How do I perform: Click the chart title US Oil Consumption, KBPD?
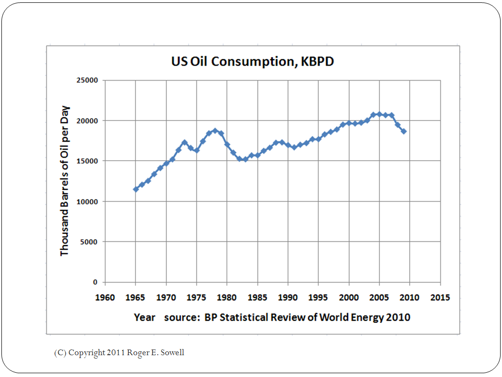(x=252, y=62)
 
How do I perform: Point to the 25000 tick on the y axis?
(x=88, y=80)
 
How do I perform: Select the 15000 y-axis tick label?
(x=88, y=161)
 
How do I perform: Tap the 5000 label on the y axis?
(x=90, y=242)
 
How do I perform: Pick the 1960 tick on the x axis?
(x=105, y=298)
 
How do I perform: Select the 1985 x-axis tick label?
(x=258, y=298)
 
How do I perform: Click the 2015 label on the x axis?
(x=440, y=298)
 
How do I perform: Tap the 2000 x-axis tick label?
(x=349, y=298)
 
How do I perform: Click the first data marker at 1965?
(x=136, y=189)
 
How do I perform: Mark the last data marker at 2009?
(x=403, y=131)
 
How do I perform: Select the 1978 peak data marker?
(x=215, y=130)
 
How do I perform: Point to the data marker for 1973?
(x=185, y=142)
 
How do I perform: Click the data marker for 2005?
(x=379, y=114)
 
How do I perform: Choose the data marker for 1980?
(x=227, y=144)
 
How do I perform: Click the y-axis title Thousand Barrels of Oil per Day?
(x=65, y=181)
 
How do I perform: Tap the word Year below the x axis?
(x=144, y=317)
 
